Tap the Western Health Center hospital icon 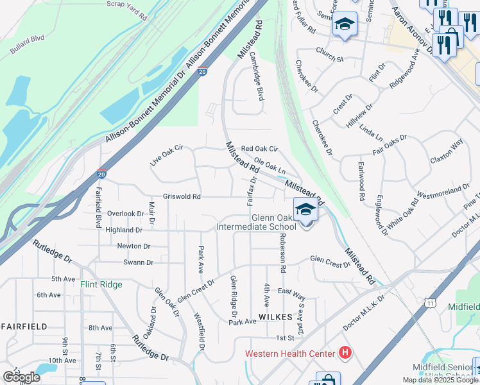(345, 353)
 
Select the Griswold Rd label (182, 197)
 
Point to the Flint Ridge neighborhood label (101, 284)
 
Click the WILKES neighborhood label (275, 317)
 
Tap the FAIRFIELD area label (24, 327)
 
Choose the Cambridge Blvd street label (257, 85)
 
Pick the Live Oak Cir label (167, 156)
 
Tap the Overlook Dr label (126, 214)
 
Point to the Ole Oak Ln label (270, 166)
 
